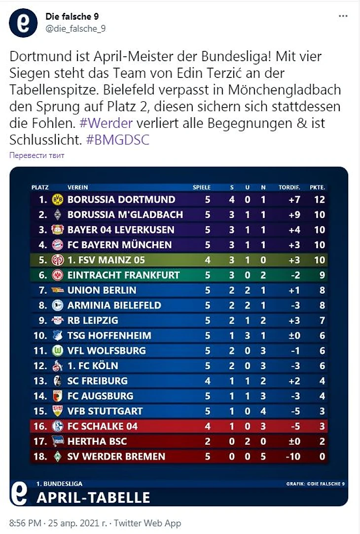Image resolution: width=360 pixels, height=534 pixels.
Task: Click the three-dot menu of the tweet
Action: point(343,16)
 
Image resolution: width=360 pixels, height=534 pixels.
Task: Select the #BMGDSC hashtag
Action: point(117,140)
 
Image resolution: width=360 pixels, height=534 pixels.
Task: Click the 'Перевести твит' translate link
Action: point(36,155)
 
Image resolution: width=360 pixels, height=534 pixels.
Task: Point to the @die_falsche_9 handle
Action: point(75,29)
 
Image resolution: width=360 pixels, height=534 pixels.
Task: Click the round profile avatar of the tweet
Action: point(23,22)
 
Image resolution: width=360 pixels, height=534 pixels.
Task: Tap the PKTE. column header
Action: point(317,188)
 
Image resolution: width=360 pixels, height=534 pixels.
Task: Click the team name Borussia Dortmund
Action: point(121,199)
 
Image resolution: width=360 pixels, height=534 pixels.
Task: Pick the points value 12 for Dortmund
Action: point(320,199)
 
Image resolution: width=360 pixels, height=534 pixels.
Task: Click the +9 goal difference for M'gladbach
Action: point(294,215)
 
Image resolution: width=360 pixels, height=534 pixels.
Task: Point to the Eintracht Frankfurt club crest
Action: point(58,275)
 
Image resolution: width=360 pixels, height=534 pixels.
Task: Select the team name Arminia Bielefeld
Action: point(114,305)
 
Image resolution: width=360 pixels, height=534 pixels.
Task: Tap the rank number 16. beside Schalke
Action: point(40,426)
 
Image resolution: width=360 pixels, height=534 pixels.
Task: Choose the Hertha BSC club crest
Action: point(58,441)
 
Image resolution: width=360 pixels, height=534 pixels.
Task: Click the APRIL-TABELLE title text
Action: point(93,496)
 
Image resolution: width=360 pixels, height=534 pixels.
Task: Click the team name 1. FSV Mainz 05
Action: point(106,260)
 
